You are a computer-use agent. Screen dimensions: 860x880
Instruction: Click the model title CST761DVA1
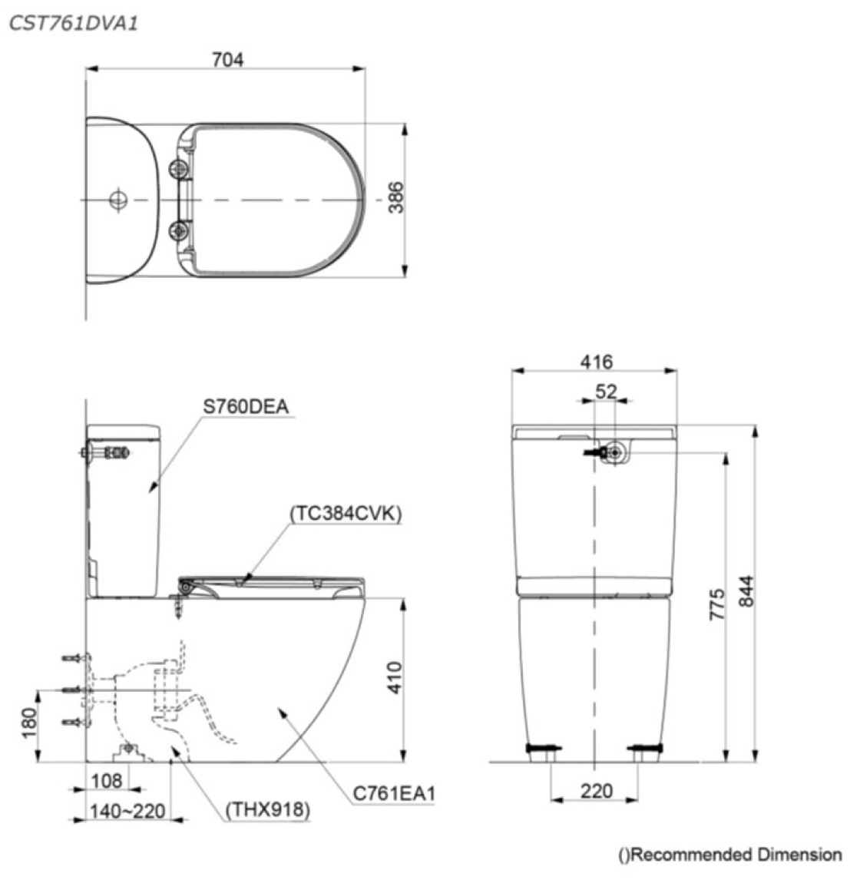coord(73,24)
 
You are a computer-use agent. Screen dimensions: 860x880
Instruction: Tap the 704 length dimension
coord(228,59)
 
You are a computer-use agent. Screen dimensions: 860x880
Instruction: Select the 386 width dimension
coord(395,197)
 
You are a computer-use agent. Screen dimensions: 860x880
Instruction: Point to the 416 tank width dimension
coord(596,362)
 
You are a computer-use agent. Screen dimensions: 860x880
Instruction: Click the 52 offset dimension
coord(607,391)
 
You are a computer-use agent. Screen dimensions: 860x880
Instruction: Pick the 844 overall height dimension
coord(746,591)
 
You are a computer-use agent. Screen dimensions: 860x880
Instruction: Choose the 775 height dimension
coord(717,604)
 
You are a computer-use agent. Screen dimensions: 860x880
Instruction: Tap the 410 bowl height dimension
coord(395,678)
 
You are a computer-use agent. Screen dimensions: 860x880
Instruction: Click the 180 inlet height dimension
coord(28,723)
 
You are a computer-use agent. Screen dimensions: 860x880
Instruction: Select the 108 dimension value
coord(107,781)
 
